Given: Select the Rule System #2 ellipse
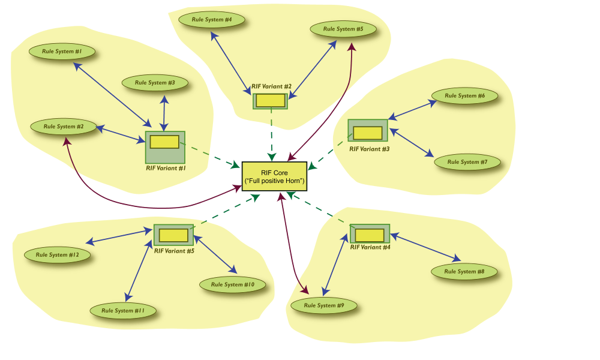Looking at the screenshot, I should [63, 127].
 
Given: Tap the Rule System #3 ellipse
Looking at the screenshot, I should [155, 83].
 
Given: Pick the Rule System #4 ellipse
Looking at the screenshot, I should [212, 20].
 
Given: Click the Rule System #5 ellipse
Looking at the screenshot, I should [343, 29].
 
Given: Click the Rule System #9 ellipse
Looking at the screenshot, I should [324, 306].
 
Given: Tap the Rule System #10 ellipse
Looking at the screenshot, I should [232, 285].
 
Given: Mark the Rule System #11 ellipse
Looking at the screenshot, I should [123, 311].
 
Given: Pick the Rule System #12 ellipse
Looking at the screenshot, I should [58, 255].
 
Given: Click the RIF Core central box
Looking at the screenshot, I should [274, 176].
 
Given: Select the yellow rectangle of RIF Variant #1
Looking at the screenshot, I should [164, 142].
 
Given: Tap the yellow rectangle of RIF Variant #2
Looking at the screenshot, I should [270, 101].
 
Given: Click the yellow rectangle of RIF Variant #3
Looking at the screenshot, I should [367, 133].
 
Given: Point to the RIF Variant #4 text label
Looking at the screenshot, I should [370, 247].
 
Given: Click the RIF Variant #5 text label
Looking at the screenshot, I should [174, 251].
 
